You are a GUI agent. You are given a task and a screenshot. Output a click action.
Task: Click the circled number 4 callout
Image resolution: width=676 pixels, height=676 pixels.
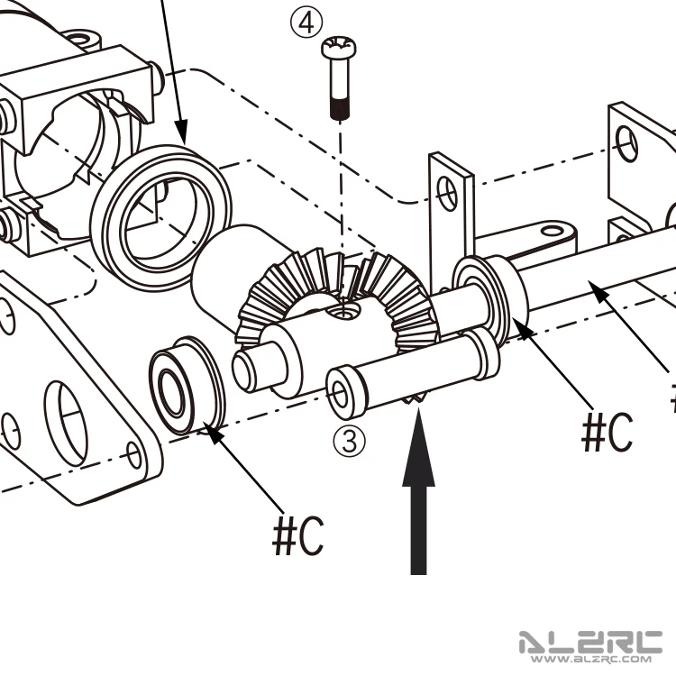(x=306, y=23)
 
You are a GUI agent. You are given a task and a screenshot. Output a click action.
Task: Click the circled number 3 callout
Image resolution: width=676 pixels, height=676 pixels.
(x=349, y=441)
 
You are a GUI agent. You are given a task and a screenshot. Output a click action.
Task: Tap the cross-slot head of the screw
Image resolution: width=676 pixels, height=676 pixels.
(x=339, y=46)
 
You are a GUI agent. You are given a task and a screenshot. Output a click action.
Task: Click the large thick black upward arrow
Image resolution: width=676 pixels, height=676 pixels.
(x=418, y=491)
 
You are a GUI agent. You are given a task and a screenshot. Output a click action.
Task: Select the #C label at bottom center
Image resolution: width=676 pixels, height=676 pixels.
(x=298, y=535)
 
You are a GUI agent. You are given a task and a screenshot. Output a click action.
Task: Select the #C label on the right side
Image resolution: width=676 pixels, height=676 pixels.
(x=607, y=432)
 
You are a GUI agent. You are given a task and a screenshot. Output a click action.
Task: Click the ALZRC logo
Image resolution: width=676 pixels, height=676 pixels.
(x=590, y=643)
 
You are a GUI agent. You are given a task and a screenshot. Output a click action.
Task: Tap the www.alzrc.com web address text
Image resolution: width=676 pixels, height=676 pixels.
(x=591, y=659)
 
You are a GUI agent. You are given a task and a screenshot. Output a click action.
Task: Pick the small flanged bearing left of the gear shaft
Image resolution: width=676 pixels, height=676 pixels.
(x=187, y=385)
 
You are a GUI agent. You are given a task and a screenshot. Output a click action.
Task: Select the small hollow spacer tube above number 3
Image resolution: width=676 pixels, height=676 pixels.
(x=413, y=373)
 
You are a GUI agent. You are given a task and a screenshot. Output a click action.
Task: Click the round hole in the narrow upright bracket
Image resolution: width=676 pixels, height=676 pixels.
(x=447, y=194)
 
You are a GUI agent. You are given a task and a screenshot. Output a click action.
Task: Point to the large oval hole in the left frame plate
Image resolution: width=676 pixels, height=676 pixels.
(x=66, y=424)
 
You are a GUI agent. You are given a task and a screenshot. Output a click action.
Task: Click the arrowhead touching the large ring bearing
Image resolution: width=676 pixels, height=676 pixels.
(x=181, y=132)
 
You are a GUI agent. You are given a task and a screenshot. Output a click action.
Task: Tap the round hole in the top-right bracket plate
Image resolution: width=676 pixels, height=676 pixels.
(x=626, y=143)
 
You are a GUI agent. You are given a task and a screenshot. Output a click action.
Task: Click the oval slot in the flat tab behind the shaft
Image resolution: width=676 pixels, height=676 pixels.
(x=552, y=232)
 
